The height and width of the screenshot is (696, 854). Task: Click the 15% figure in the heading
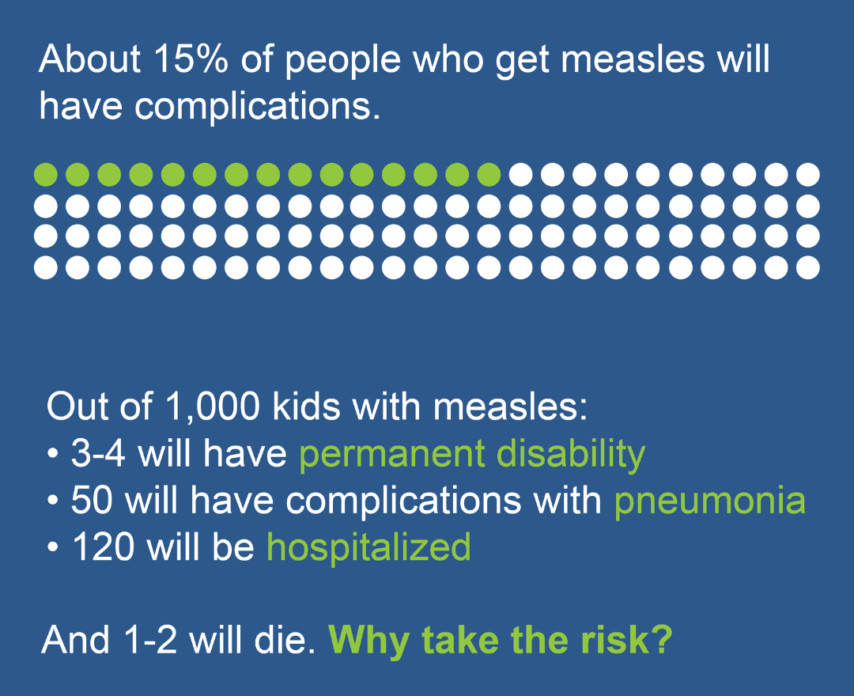click(191, 59)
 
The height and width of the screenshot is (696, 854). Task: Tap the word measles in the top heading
click(633, 59)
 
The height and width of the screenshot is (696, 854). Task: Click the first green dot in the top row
click(46, 175)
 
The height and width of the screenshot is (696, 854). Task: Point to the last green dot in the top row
click(489, 175)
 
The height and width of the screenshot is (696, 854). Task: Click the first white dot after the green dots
click(520, 175)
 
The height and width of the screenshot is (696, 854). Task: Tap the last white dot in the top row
click(807, 175)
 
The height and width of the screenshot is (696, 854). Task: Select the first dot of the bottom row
click(46, 267)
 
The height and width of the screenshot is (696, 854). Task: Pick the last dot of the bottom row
click(807, 267)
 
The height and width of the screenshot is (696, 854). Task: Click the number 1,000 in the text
click(213, 407)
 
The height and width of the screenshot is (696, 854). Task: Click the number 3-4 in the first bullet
click(98, 453)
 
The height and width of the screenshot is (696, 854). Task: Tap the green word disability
click(571, 455)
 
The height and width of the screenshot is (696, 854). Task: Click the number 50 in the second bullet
click(92, 500)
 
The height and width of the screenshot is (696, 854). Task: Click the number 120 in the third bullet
click(103, 547)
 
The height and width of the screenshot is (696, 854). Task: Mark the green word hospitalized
click(368, 548)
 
